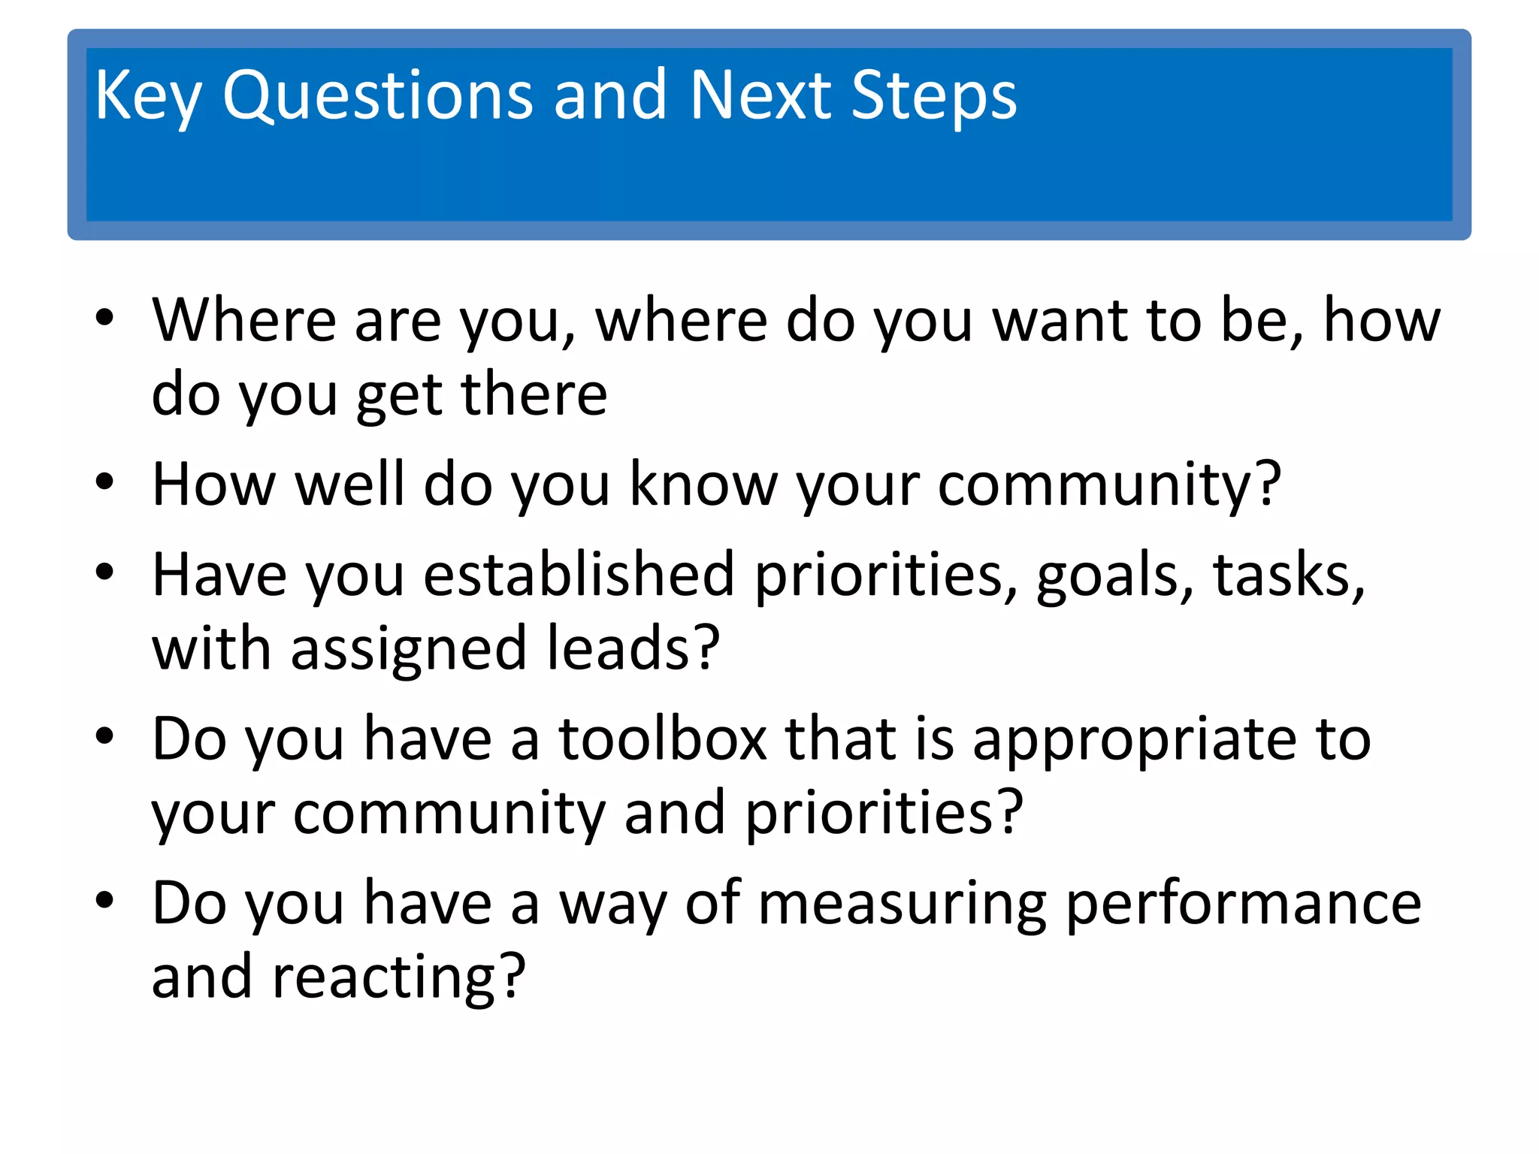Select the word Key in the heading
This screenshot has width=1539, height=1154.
click(147, 95)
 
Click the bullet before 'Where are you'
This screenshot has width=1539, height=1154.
click(104, 317)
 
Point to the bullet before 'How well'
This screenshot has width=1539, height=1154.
click(104, 482)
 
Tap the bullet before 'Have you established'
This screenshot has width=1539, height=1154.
click(104, 572)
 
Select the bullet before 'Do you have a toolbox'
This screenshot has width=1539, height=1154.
click(104, 736)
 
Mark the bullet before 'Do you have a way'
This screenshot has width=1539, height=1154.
click(104, 899)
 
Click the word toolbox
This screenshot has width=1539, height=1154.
click(662, 739)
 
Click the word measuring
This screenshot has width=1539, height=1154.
click(902, 904)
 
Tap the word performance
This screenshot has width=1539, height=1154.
click(1243, 904)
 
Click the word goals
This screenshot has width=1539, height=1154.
click(1114, 575)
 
